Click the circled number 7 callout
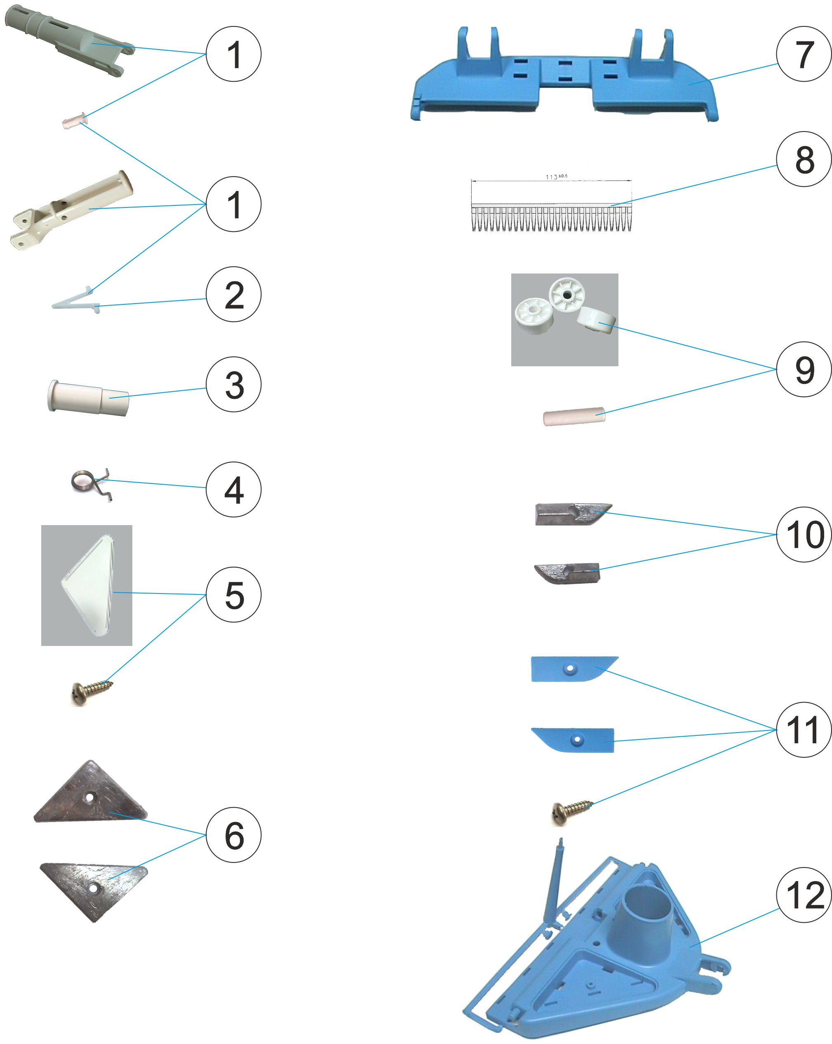tap(804, 54)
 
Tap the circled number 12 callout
tap(804, 895)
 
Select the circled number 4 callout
tap(233, 490)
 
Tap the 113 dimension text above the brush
tap(556, 177)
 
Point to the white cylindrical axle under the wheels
tap(574, 417)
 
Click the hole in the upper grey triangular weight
tap(90, 797)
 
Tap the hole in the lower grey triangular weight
tap(93, 888)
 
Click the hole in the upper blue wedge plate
tap(570, 669)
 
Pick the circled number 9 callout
tap(804, 370)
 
